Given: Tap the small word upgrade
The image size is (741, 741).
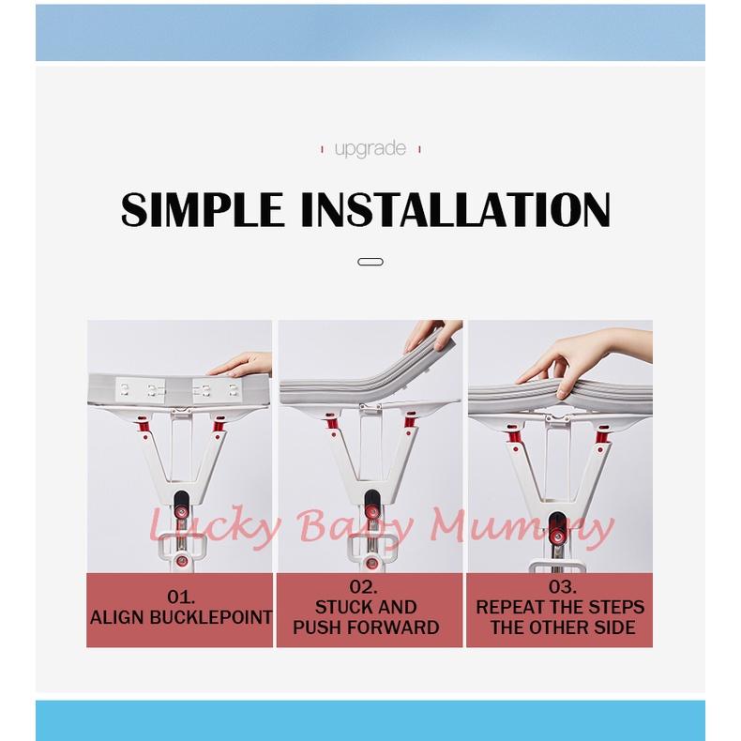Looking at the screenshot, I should pyautogui.click(x=370, y=148).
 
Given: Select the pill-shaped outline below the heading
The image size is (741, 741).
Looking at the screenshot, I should pyautogui.click(x=370, y=263).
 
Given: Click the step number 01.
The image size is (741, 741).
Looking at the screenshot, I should pyautogui.click(x=180, y=596).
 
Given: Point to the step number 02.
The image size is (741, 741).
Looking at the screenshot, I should pyautogui.click(x=370, y=587).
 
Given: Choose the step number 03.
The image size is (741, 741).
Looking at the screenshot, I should pyautogui.click(x=562, y=587).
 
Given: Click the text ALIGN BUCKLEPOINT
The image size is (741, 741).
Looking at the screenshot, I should pyautogui.click(x=180, y=618).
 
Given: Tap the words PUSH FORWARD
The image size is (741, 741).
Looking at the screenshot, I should pyautogui.click(x=366, y=628).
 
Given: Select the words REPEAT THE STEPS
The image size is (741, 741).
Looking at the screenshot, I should pyautogui.click(x=560, y=608).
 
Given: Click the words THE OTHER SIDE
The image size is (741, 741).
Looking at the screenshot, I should pyautogui.click(x=562, y=628).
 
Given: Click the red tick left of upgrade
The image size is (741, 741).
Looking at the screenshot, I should pyautogui.click(x=323, y=149).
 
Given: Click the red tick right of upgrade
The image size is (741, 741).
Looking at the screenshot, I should pyautogui.click(x=419, y=149).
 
